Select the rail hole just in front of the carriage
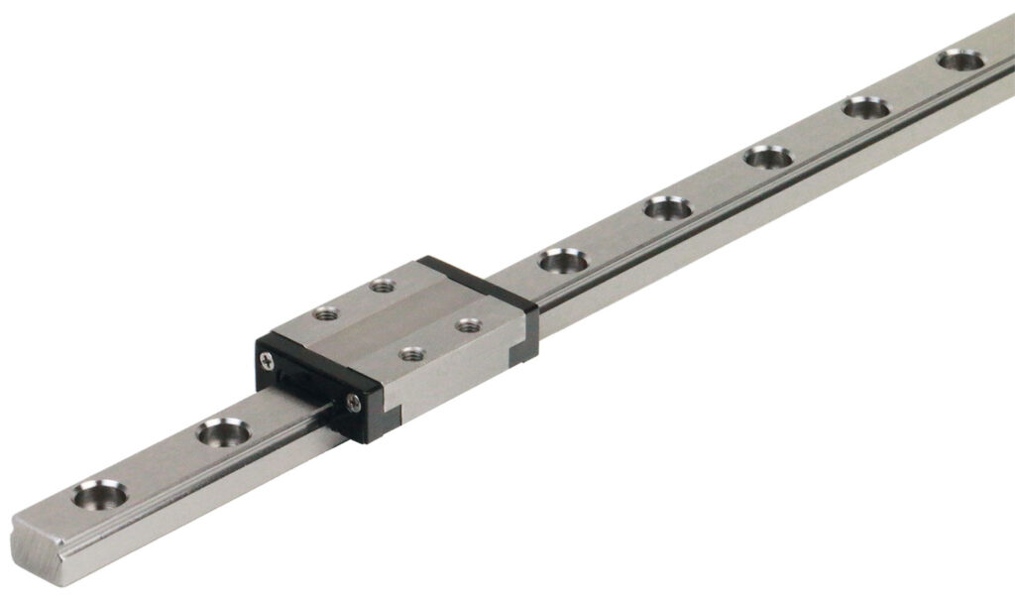coord(223,431)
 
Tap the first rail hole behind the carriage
coord(563,261)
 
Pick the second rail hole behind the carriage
coord(667,208)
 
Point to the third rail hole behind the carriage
coord(768,157)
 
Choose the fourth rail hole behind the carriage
coord(866,107)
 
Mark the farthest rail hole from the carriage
coord(960,60)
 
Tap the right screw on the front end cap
coord(355,401)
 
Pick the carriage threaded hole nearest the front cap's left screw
coord(323,313)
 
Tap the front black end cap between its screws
coord(309,381)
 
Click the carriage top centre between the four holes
coord(395,319)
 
